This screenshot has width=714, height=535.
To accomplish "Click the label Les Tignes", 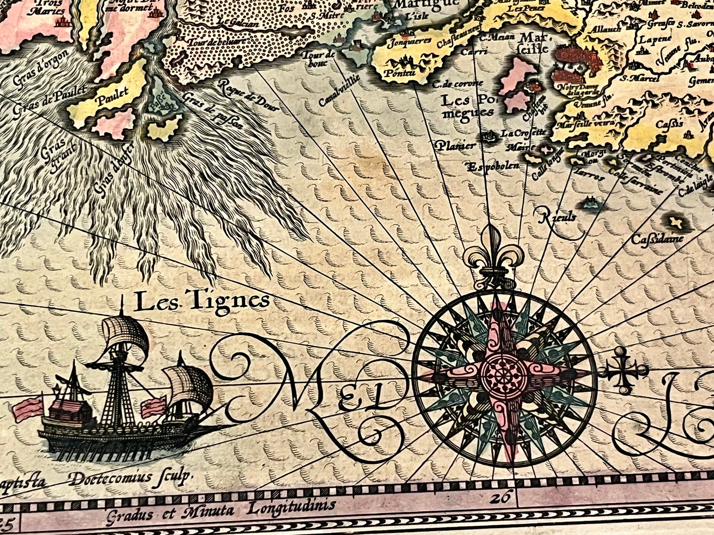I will coord(202,301).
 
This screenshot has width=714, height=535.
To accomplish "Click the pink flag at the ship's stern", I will coord(28,409).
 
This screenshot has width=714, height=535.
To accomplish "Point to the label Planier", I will coord(456,146).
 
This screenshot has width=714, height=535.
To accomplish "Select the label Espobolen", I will coord(493,166).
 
